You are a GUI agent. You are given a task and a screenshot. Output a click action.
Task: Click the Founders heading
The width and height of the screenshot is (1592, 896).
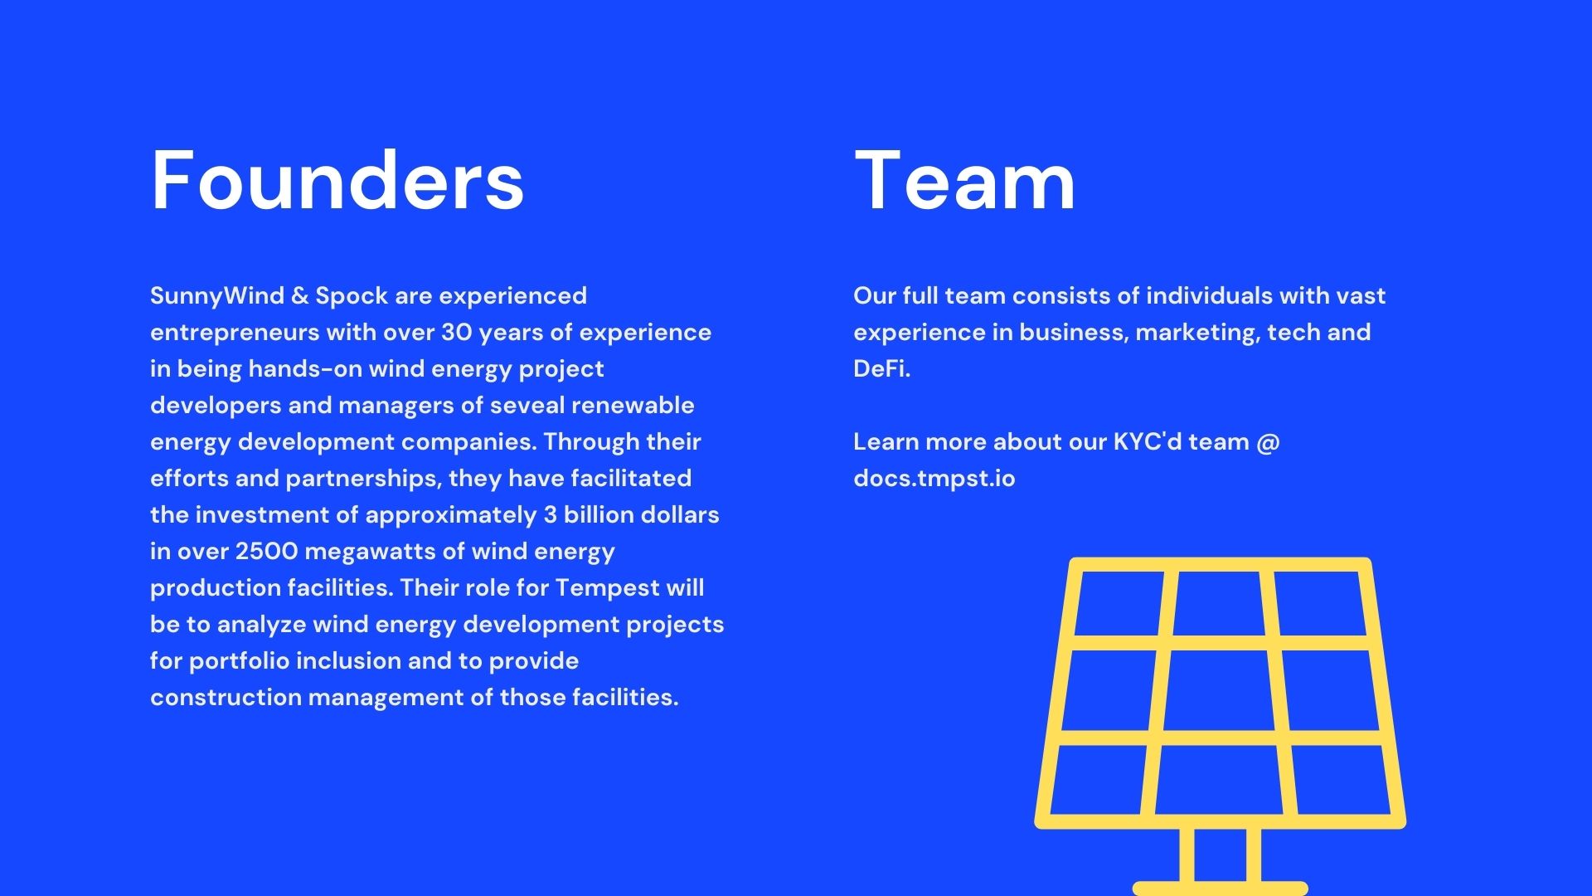[x=337, y=180]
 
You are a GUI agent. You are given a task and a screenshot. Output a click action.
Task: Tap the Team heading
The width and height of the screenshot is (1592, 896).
[x=964, y=180]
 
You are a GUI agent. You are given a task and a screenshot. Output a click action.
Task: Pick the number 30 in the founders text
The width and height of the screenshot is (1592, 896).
[x=456, y=333]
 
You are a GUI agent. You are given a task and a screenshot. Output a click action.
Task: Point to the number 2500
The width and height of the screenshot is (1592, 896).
[x=266, y=552]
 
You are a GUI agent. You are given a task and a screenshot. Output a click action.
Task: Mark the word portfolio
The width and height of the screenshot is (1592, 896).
[x=239, y=661]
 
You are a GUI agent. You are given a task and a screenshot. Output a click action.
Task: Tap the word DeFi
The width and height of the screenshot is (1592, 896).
[x=881, y=369]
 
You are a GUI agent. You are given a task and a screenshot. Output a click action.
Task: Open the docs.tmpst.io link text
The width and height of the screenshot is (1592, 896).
[x=934, y=479]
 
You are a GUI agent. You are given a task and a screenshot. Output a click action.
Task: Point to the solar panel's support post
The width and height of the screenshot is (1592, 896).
[x=1221, y=855]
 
